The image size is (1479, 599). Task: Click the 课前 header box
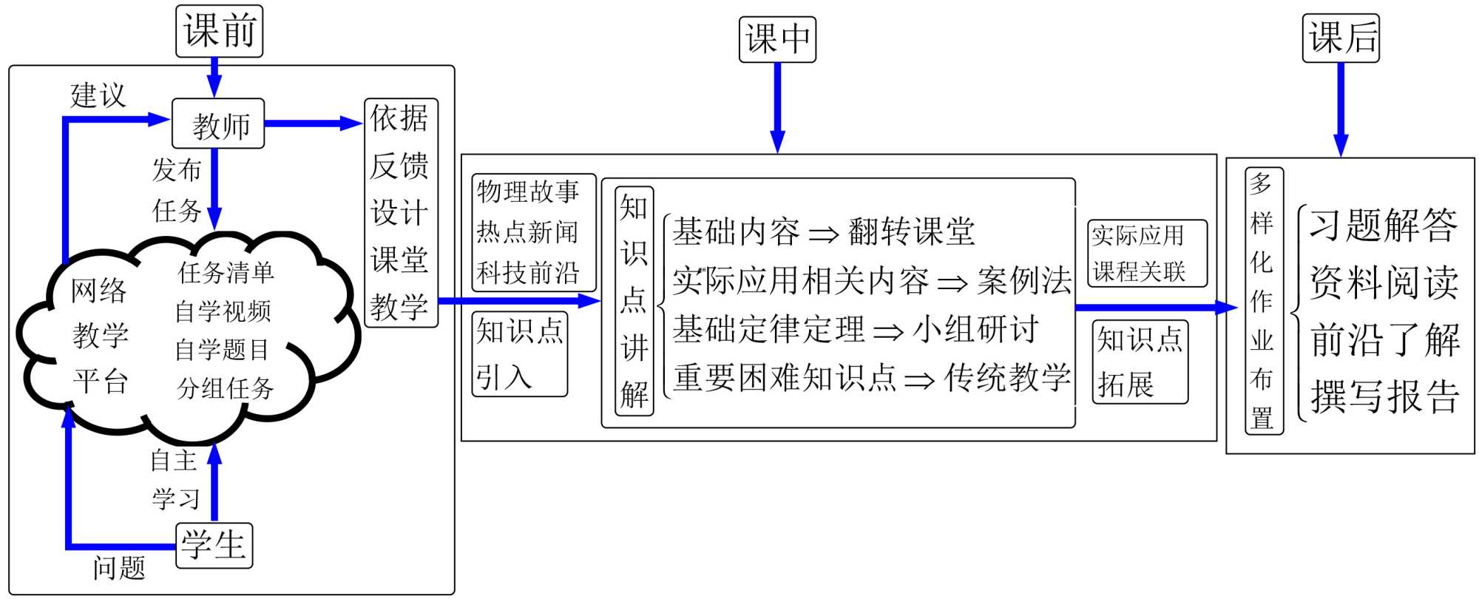(219, 31)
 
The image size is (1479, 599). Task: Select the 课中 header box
(777, 39)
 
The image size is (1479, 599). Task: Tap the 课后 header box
(1341, 38)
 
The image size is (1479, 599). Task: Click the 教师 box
(218, 124)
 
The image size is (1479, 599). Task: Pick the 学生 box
(214, 546)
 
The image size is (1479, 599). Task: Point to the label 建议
(98, 95)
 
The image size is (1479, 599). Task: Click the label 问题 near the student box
(118, 568)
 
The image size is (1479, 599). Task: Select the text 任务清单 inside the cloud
(226, 272)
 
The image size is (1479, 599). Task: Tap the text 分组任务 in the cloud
(226, 388)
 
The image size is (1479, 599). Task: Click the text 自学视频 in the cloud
(223, 311)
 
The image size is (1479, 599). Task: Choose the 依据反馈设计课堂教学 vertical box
(401, 213)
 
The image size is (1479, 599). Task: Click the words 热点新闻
(527, 232)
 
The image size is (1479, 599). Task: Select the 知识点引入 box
(519, 354)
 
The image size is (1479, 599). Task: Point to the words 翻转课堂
(911, 231)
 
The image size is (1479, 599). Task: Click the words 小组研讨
(976, 329)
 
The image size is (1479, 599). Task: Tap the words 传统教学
(1007, 378)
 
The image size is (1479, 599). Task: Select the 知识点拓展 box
(1140, 362)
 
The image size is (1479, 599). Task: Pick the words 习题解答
(1383, 225)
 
